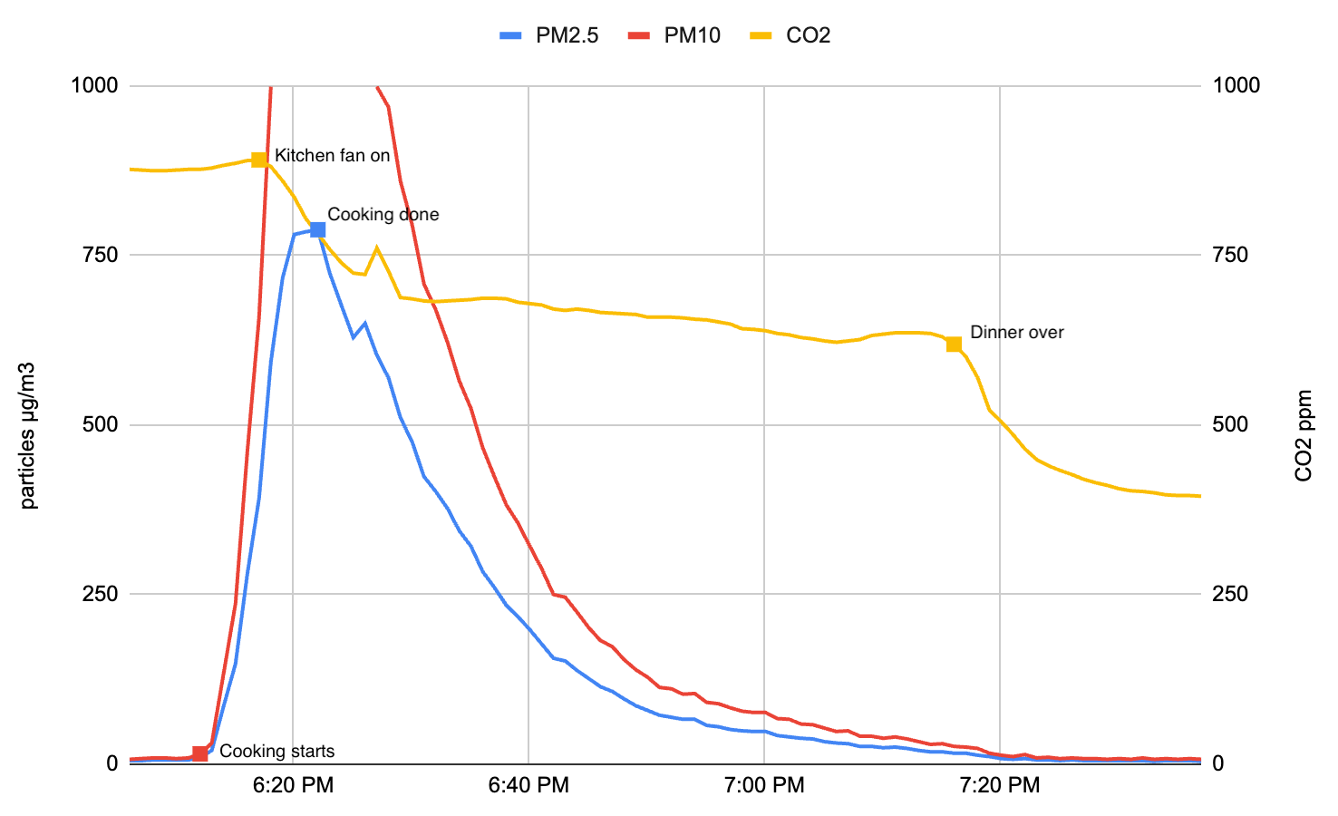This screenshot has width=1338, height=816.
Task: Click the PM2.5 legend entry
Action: [x=549, y=35]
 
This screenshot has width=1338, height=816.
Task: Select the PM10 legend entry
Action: [x=674, y=35]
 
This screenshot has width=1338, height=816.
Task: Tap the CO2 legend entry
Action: [x=790, y=35]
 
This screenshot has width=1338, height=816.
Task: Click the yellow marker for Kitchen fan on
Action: [x=259, y=160]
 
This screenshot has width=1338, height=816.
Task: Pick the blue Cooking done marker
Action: [x=317, y=229]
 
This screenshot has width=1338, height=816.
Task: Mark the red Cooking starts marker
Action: [x=200, y=753]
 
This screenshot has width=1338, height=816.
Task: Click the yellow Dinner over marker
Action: [x=954, y=344]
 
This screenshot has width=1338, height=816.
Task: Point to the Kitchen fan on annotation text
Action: [x=332, y=155]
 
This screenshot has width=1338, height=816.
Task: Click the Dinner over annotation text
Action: [x=1016, y=332]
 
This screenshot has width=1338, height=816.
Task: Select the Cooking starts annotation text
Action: [x=276, y=751]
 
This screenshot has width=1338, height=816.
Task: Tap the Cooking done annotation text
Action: [x=383, y=214]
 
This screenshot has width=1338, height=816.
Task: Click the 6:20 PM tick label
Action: [x=293, y=785]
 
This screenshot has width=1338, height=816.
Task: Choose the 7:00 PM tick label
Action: [x=764, y=785]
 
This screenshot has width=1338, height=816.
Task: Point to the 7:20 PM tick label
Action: [x=999, y=785]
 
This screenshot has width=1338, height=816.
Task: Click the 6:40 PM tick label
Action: [x=528, y=785]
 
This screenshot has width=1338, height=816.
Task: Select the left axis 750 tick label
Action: [x=100, y=255]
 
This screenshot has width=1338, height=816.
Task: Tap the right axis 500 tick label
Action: [x=1230, y=424]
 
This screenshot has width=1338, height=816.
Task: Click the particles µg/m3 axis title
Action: [x=28, y=435]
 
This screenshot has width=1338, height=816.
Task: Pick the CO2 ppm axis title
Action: [x=1304, y=435]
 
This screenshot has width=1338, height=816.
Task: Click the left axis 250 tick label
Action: [x=100, y=594]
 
